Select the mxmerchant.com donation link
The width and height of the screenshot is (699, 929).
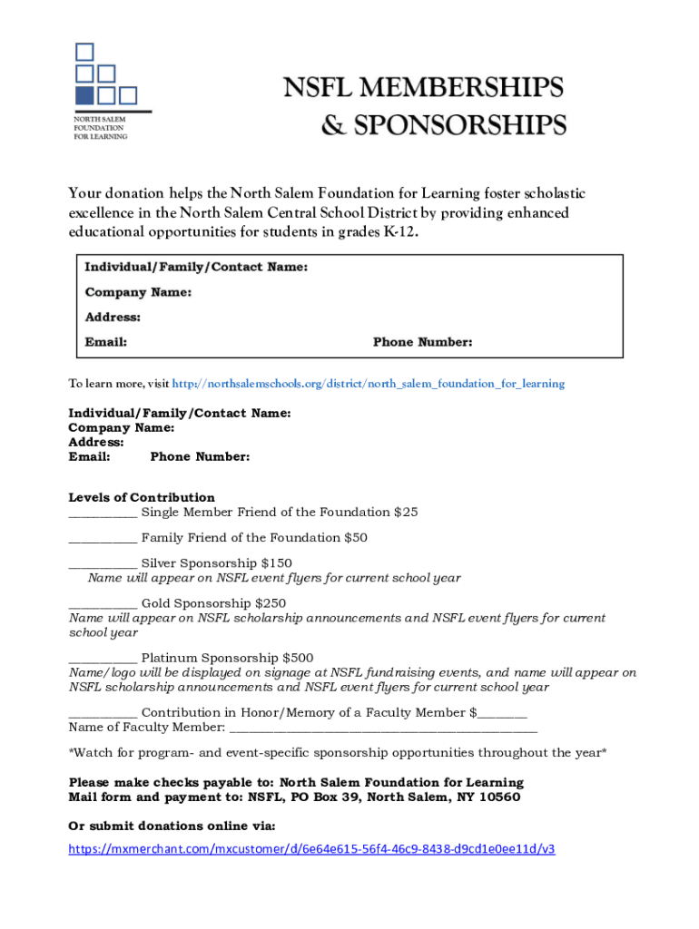coord(312,849)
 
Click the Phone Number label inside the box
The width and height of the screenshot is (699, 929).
coord(422,342)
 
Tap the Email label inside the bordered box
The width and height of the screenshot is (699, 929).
coord(105,342)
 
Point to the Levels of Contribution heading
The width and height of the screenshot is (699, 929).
coord(142,497)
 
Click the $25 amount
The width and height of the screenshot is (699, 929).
coord(406,512)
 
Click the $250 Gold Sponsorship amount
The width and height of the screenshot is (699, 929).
coord(271,603)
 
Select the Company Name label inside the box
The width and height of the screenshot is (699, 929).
coord(138,292)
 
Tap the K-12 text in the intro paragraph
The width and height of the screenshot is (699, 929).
coord(401,231)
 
